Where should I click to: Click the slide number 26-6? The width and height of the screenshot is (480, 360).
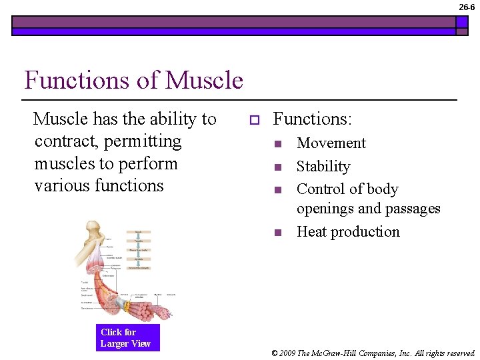click(x=467, y=7)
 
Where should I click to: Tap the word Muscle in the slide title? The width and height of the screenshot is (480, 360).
click(x=204, y=81)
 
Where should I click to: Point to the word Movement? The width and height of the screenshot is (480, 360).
click(x=331, y=143)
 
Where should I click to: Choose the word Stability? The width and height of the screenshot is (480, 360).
click(x=323, y=167)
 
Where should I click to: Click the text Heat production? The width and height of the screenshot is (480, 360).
click(x=348, y=232)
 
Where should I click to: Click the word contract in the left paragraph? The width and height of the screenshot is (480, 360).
click(x=64, y=141)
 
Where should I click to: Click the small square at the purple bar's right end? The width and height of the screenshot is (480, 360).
click(x=462, y=25)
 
